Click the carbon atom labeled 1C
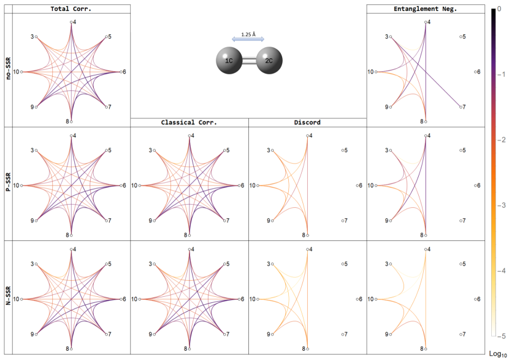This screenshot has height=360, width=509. pyautogui.click(x=229, y=62)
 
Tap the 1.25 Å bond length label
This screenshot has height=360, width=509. pyautogui.click(x=248, y=34)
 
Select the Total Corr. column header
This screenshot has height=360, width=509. pyautogui.click(x=71, y=9)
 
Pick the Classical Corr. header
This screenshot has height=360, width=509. pyautogui.click(x=189, y=122)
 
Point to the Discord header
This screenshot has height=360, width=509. pyautogui.click(x=307, y=122)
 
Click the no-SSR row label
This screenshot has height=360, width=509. pyautogui.click(x=8, y=66)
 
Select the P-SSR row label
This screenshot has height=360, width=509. pyautogui.click(x=8, y=182)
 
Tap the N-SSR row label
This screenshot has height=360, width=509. pyautogui.click(x=8, y=297)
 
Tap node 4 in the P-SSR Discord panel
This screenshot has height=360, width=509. pyautogui.click(x=307, y=136)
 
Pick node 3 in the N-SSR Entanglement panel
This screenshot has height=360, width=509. pyautogui.click(x=390, y=264)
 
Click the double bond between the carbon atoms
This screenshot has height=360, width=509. pyautogui.click(x=249, y=62)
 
